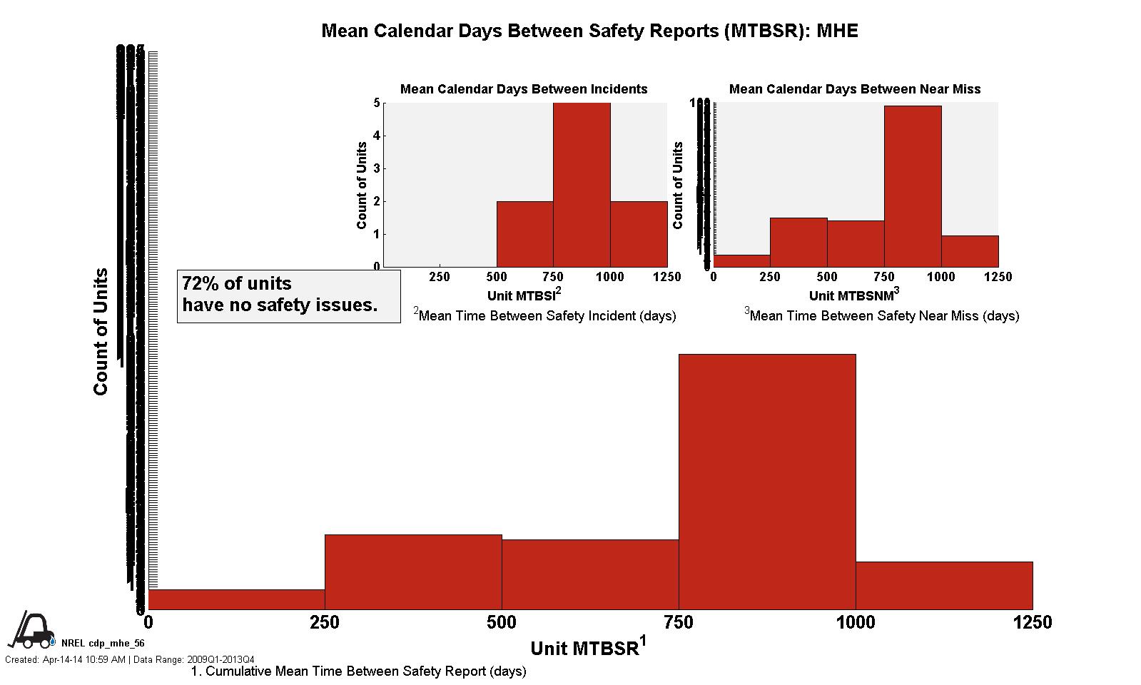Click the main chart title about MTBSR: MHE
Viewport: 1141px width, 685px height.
click(589, 31)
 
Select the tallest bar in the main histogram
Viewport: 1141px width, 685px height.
click(767, 482)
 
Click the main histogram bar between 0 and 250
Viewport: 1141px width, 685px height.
click(236, 599)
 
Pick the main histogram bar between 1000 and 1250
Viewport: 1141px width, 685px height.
click(944, 585)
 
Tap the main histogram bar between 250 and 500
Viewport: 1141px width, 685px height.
click(413, 572)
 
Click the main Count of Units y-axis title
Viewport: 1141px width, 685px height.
click(101, 332)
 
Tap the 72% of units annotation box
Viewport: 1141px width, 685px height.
click(288, 295)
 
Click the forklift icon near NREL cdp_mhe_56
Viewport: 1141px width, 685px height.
click(31, 629)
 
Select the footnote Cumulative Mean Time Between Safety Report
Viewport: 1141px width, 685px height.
click(359, 671)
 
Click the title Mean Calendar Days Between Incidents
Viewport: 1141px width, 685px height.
click(524, 89)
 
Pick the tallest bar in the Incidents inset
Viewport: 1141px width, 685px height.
click(582, 185)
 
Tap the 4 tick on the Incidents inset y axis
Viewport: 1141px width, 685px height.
click(376, 136)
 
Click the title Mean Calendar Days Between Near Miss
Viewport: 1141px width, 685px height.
click(854, 89)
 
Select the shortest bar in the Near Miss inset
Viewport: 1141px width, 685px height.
click(741, 261)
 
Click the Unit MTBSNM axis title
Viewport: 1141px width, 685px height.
click(853, 295)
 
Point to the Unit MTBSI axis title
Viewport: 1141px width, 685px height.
click(524, 295)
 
